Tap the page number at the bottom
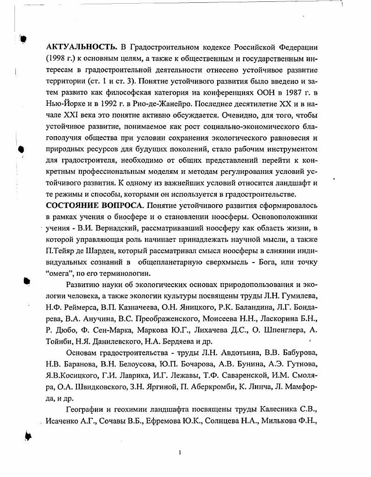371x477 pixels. (x=180, y=452)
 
